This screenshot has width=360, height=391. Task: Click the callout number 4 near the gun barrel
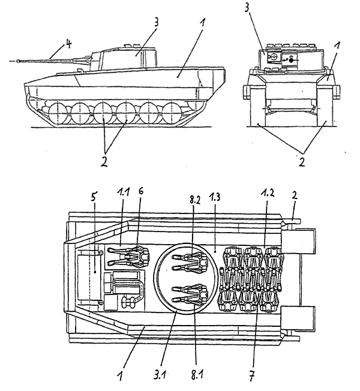(68, 44)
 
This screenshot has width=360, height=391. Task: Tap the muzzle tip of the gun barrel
(17, 61)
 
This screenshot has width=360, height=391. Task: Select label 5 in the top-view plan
(93, 197)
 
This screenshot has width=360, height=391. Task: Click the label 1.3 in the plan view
(215, 197)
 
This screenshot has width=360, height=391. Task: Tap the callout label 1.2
(268, 194)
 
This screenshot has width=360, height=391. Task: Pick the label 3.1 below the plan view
(160, 375)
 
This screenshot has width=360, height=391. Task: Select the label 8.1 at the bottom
(197, 375)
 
